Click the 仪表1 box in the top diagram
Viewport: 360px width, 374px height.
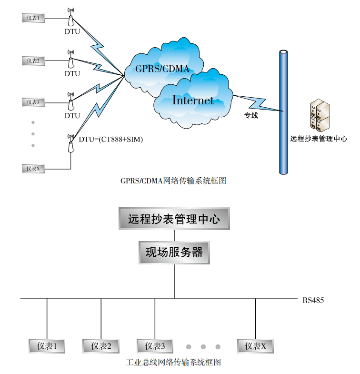[33, 18]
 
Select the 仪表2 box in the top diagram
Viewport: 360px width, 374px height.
[33, 61]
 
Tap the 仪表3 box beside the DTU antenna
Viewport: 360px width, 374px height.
[33, 102]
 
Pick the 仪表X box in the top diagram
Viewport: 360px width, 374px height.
[33, 168]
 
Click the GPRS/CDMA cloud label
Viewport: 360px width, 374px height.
[162, 69]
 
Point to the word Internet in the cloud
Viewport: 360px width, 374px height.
[193, 100]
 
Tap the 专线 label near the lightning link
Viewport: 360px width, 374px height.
[251, 115]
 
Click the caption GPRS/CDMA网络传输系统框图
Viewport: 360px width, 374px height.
[173, 181]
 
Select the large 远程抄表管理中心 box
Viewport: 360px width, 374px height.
[174, 219]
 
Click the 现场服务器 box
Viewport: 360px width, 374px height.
[174, 252]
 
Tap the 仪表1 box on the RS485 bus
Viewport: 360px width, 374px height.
[47, 346]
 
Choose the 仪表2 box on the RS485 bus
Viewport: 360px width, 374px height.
[101, 346]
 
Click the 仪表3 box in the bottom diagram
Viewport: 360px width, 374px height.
[155, 346]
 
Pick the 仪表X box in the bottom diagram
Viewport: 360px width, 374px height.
[256, 346]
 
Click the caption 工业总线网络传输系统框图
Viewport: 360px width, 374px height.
[173, 363]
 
